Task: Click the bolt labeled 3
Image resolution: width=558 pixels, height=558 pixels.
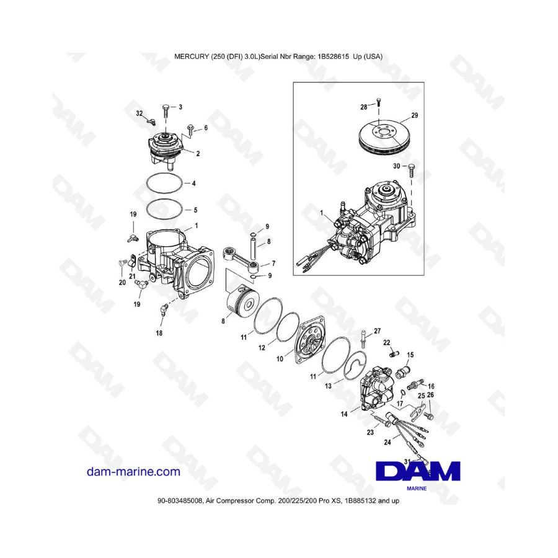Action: coord(166,112)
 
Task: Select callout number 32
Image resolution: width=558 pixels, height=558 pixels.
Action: coord(139,113)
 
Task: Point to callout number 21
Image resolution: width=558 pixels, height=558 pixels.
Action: coord(132,276)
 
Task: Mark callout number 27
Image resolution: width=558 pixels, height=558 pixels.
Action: coord(377,330)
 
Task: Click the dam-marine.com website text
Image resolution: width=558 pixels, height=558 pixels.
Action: coord(134,472)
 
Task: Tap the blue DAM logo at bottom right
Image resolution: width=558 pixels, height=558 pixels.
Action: coord(418,472)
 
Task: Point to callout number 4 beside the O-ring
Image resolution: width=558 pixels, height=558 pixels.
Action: coord(193,184)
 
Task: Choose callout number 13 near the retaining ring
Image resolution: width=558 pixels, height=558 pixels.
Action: coord(328,386)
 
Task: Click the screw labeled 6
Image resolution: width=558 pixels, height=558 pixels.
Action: coord(190,130)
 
